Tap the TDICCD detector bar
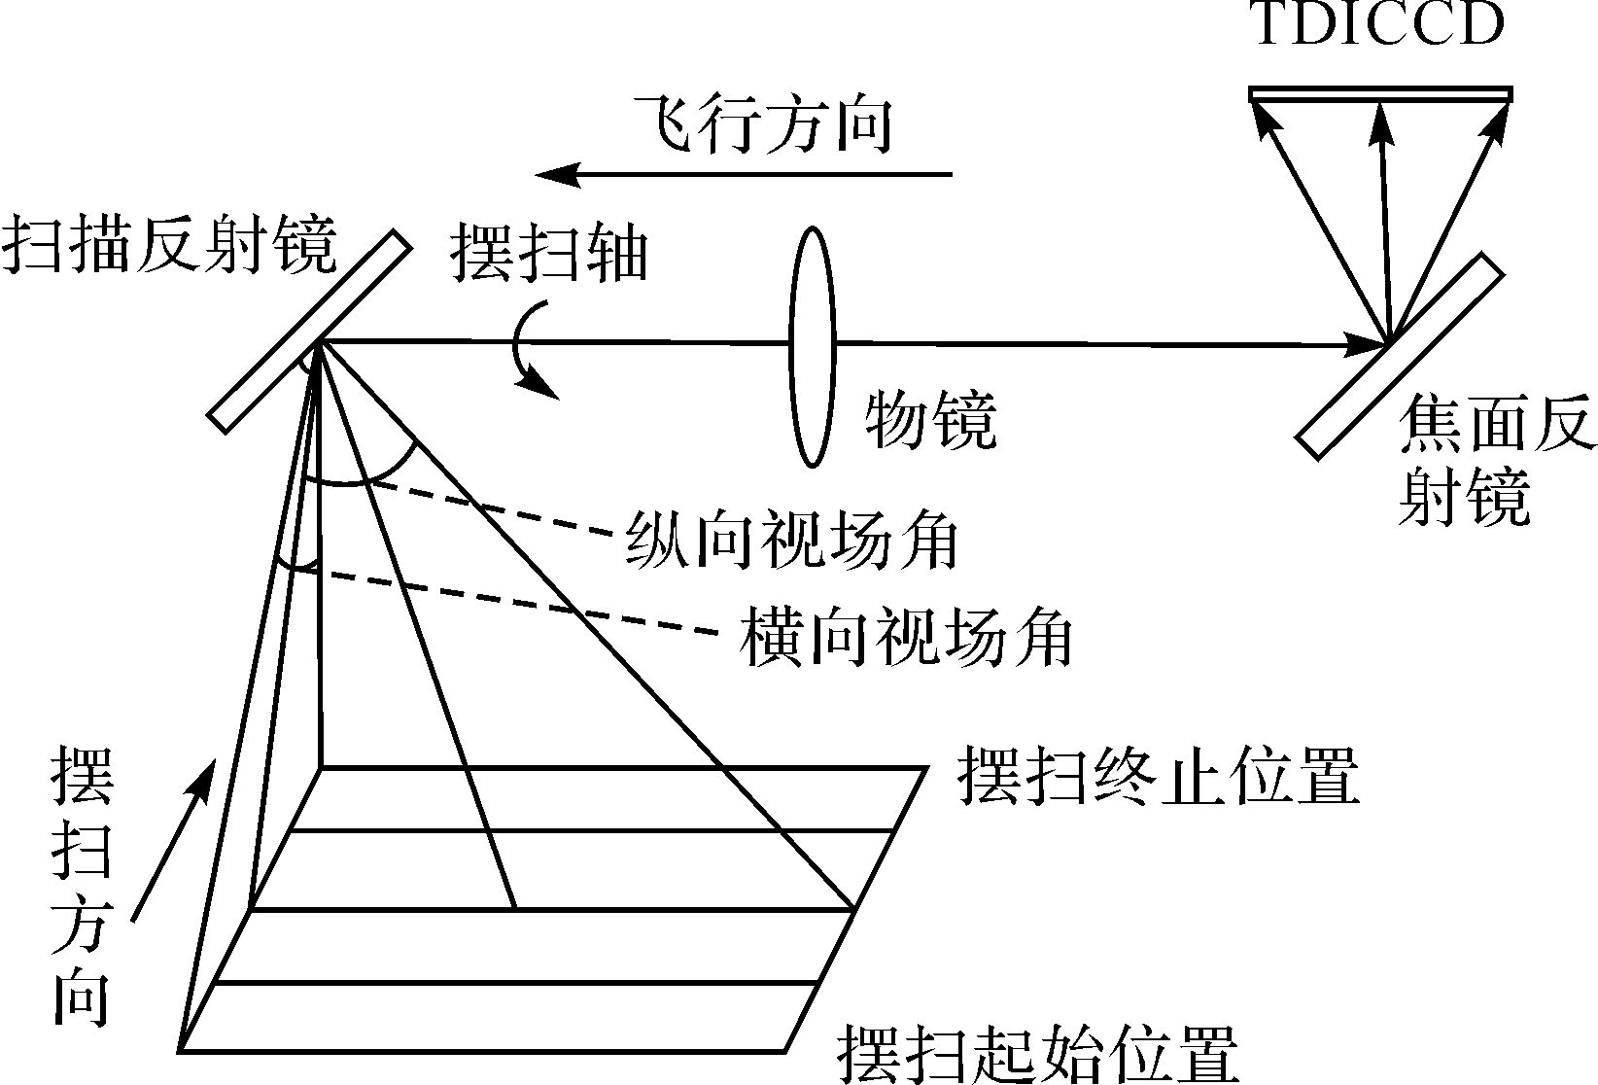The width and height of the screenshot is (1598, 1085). point(1379,93)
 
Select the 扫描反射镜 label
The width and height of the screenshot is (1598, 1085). point(169,246)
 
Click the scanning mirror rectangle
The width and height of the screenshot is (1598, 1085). point(308,331)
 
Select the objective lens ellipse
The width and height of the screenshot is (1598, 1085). point(812,347)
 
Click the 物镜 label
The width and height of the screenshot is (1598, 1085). point(931,420)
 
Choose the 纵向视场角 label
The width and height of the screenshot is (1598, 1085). point(792,540)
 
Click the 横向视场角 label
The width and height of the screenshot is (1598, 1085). point(906,638)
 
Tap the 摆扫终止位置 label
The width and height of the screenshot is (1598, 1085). point(1158,776)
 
